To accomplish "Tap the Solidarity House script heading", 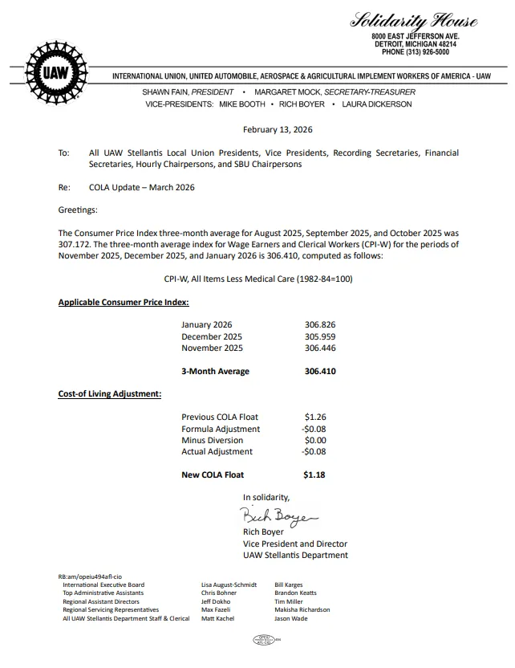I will pos(414,21).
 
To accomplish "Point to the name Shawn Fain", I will pos(167,92).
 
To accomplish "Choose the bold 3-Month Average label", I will pos(215,371).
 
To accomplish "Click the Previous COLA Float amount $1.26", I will pos(314,417).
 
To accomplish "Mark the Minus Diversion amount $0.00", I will pos(314,440).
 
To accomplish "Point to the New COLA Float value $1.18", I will pos(314,475).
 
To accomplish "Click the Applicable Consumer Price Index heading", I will pos(124,302).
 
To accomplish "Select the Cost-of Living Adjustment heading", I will pos(110,394).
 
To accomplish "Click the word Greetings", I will pos(78,210).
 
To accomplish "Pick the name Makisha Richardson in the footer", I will pos(302,609).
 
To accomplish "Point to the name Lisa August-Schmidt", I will pos(229,584).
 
